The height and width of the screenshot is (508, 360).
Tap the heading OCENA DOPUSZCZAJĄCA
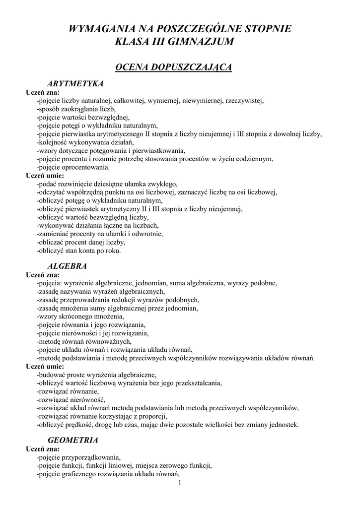point(173,67)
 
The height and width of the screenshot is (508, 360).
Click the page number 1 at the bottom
point(180,482)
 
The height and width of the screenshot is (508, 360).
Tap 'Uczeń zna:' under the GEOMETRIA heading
point(43,448)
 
